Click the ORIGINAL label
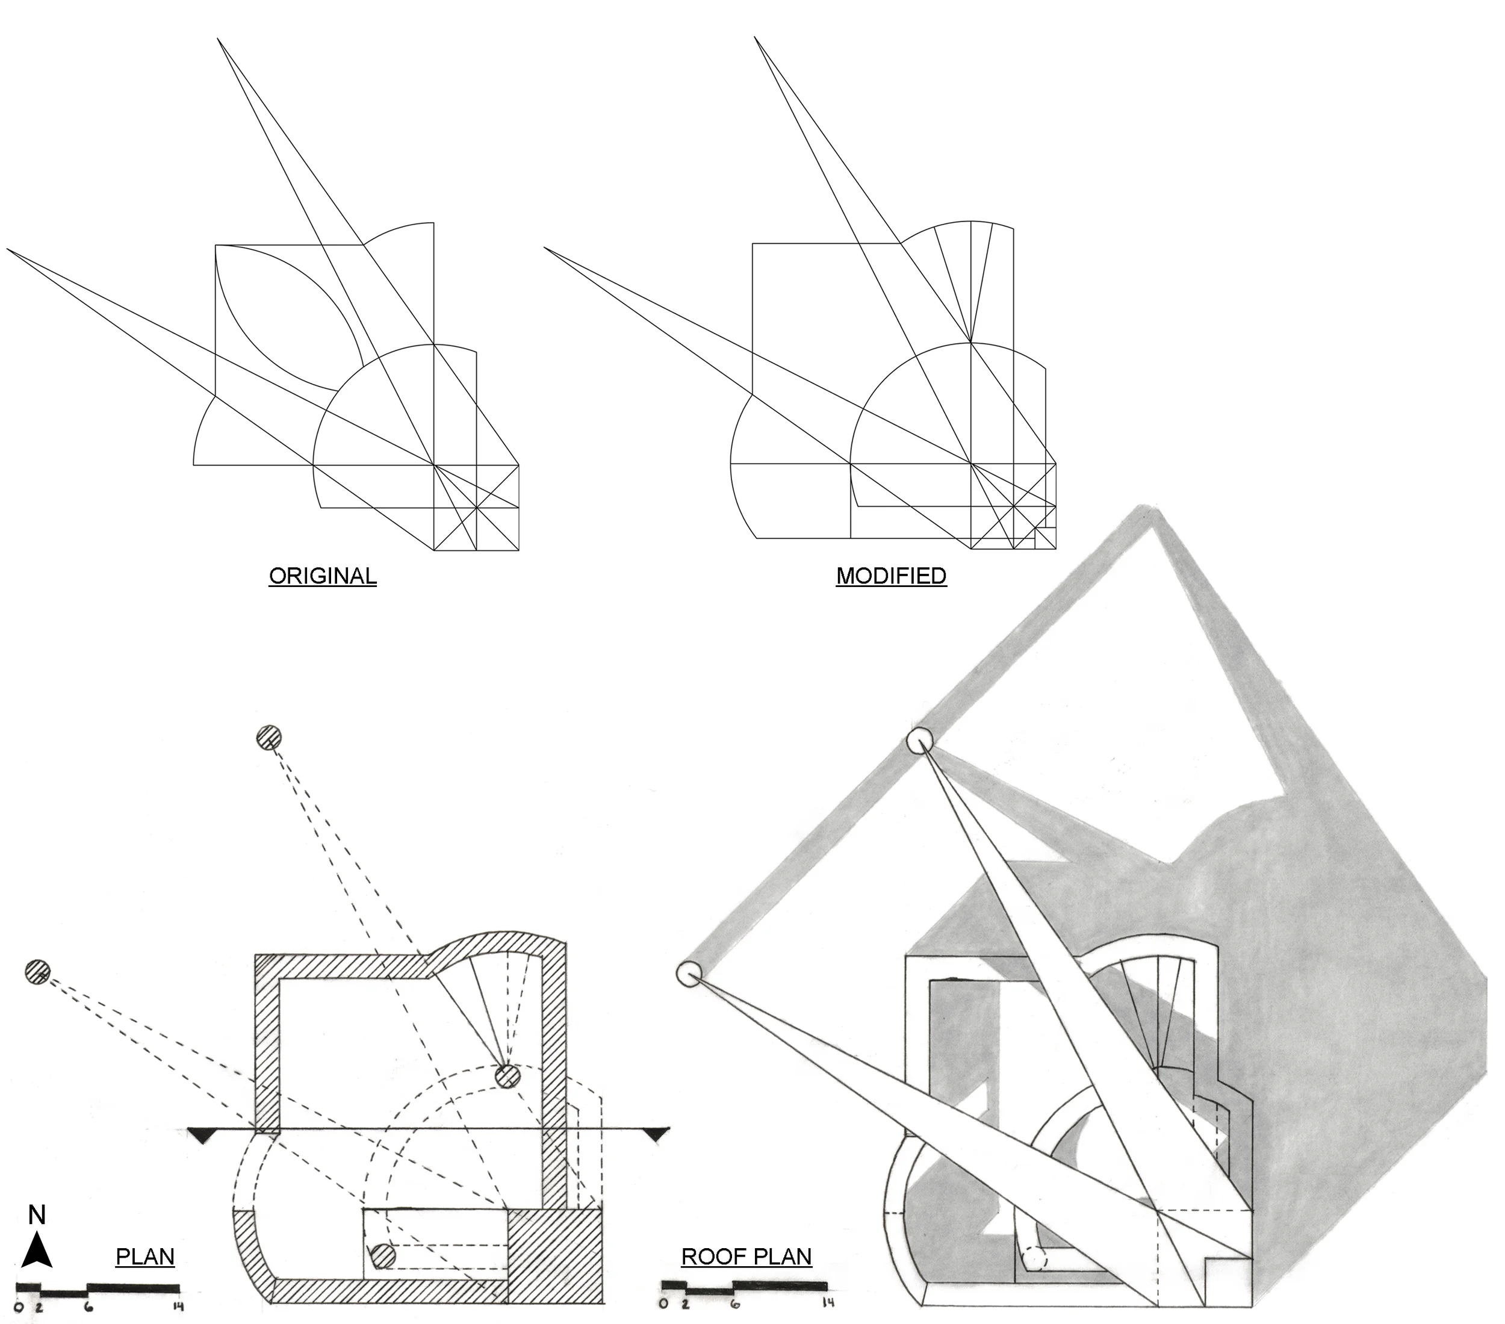coord(323,576)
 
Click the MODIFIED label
coord(891,576)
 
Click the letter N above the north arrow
coord(37,1216)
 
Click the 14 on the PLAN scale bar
coord(177,1307)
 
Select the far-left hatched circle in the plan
coord(37,972)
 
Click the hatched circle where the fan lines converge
coord(507,1076)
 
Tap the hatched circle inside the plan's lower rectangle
coord(383,1255)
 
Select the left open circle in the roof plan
coord(689,974)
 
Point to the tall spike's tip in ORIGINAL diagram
coord(218,40)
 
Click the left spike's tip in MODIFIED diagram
coord(545,249)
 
